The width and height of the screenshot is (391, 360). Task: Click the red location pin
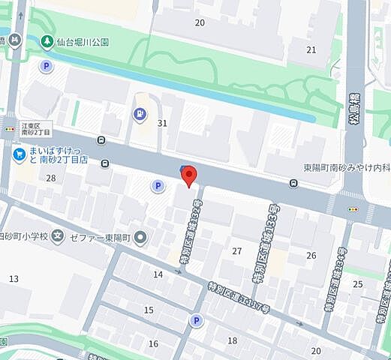point(189,175)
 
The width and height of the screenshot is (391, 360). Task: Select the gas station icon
point(140,114)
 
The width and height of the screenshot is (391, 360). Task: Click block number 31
point(161,122)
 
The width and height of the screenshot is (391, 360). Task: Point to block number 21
point(311,49)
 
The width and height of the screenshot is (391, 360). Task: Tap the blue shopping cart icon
point(20,153)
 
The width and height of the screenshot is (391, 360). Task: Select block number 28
point(51,178)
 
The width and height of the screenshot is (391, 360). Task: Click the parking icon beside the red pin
point(158,186)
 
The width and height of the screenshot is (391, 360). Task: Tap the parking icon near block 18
point(197,321)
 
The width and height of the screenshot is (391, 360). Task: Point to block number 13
point(14,279)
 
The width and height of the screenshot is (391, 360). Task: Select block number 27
point(237,250)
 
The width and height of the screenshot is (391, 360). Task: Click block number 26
point(311,256)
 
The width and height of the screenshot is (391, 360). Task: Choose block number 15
point(149,310)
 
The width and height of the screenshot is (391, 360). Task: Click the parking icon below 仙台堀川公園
point(47,66)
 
